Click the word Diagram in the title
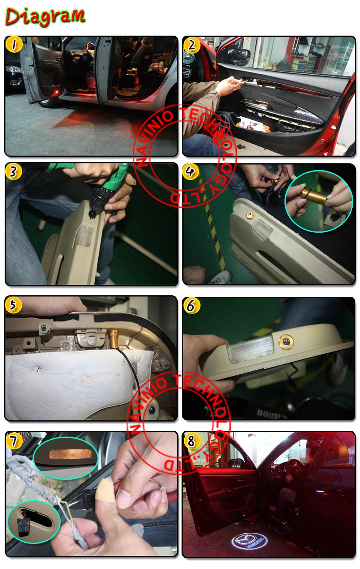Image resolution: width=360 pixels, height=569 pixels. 45,17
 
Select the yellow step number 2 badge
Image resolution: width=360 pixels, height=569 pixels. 192,45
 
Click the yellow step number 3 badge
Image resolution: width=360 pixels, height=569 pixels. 14,171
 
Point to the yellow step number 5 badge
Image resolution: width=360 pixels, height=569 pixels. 13,305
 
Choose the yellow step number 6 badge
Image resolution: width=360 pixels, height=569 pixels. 191,305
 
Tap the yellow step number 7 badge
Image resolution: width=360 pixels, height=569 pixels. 14,441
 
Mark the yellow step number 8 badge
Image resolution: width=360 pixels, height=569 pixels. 191,441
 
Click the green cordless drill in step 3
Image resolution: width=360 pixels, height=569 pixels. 102,185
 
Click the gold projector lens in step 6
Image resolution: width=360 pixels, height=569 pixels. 286,341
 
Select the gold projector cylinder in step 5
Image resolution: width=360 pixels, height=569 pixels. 113,339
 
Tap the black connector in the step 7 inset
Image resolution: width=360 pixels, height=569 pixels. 23,526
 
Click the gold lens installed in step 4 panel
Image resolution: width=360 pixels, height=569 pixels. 250,216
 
